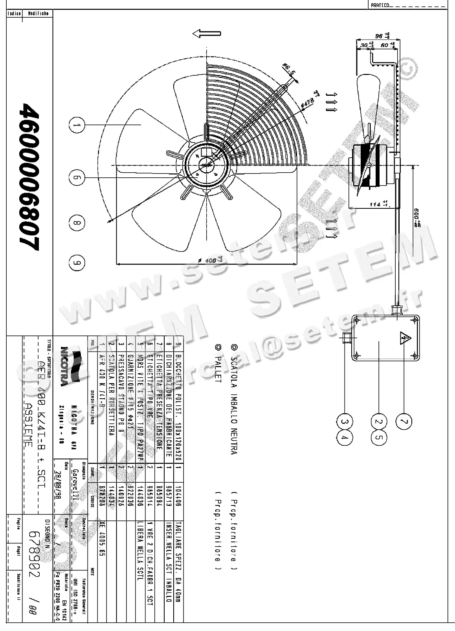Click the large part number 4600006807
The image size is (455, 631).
[29, 177]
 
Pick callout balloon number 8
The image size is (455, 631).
[77, 223]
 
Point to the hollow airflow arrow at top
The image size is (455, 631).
[202, 34]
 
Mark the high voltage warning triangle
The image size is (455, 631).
[404, 337]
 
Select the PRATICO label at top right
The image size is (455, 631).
[380, 5]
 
